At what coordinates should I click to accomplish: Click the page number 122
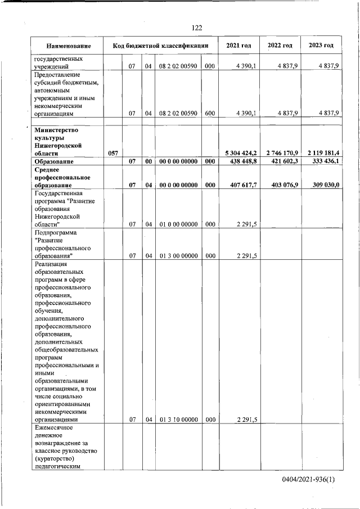click(197, 28)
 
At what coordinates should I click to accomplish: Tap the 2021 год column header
click(238, 46)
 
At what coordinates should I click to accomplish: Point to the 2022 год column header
click(280, 46)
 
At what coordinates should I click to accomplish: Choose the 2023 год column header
click(321, 46)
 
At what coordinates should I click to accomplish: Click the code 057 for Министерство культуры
click(112, 153)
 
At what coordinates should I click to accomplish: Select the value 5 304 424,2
click(241, 153)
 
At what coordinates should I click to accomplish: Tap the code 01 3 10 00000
click(178, 419)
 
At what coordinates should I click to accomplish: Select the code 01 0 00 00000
click(178, 224)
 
